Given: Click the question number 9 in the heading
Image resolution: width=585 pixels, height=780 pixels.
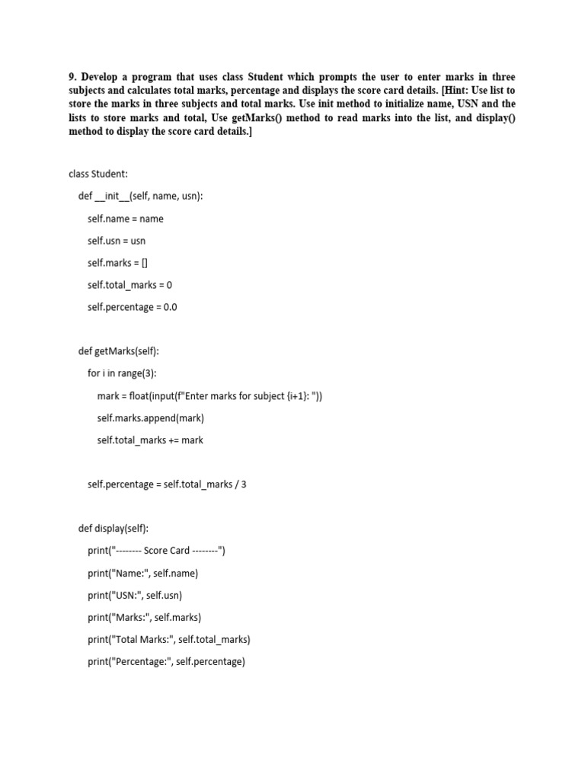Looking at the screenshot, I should [72, 78].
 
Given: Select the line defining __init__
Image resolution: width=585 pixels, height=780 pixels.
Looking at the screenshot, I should [140, 197].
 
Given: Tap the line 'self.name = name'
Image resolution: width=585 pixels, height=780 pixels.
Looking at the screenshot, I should [125, 219].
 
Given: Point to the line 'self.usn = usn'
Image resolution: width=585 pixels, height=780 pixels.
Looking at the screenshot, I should [117, 241].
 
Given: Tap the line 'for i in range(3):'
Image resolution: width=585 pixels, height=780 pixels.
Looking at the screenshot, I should [122, 373].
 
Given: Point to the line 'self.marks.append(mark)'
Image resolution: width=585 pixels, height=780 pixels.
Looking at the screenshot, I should [150, 418].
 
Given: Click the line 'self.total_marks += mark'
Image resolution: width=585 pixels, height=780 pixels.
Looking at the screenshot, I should [150, 440].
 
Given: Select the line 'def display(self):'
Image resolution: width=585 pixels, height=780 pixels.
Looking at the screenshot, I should [113, 529].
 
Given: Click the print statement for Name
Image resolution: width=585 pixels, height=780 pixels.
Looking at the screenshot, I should [142, 574].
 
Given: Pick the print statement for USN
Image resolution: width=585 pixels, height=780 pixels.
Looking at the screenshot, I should [135, 596].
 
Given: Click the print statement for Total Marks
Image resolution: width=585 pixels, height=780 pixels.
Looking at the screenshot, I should [168, 640].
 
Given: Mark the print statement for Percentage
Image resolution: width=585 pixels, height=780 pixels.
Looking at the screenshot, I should [166, 662].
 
